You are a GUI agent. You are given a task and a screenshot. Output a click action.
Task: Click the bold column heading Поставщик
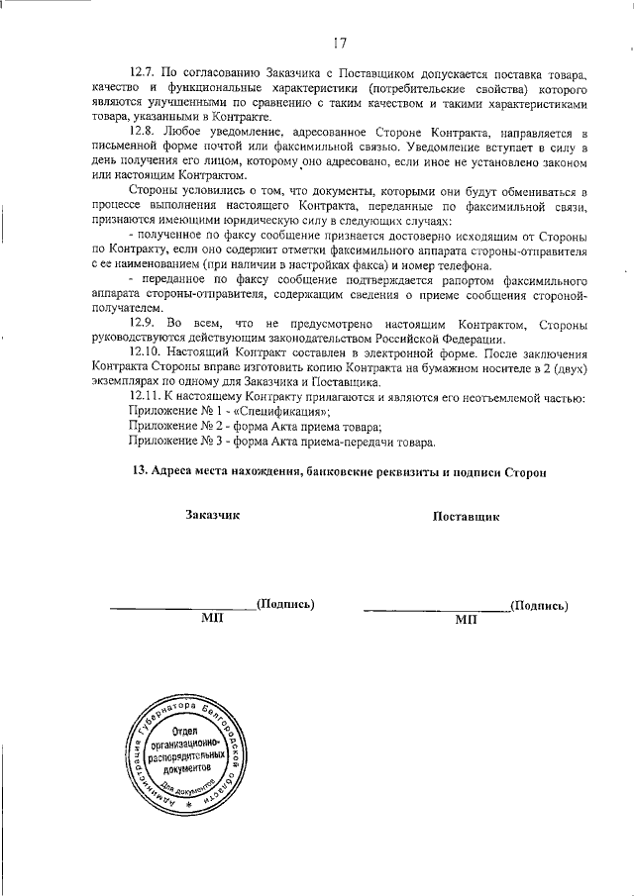pos(466,516)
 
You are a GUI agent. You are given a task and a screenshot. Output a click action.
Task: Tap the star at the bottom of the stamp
pos(188,808)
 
